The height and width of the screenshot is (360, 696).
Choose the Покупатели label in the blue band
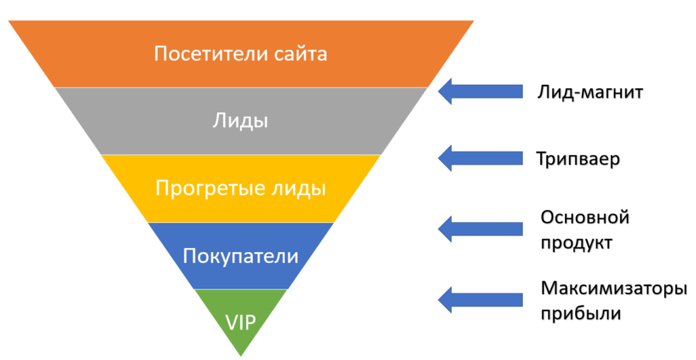(241, 256)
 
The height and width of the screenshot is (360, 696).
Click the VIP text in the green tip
(241, 322)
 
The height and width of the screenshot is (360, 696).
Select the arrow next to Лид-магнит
(478, 91)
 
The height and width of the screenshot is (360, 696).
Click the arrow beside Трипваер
(478, 158)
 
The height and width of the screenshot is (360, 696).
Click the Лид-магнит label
(589, 91)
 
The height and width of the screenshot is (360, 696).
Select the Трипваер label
(579, 159)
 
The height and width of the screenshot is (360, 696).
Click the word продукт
(576, 242)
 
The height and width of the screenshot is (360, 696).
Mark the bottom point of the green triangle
(241, 355)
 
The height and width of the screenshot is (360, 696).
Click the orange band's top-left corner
(10, 21)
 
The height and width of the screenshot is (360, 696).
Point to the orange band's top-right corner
(473, 21)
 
